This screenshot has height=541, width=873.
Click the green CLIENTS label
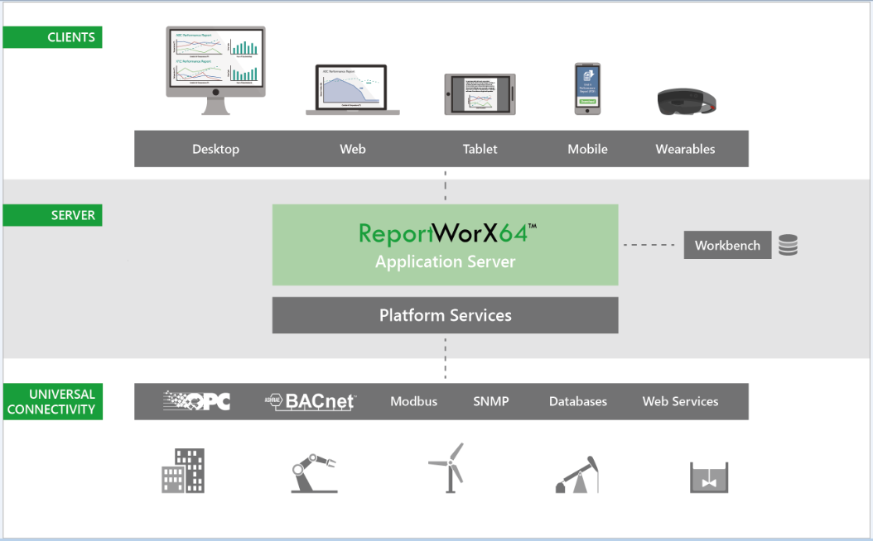pyautogui.click(x=53, y=37)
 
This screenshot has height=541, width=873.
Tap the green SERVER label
pyautogui.click(x=53, y=216)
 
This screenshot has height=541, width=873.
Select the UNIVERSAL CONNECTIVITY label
pyautogui.click(x=53, y=401)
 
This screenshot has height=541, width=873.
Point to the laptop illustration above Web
pyautogui.click(x=352, y=89)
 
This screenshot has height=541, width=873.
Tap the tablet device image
pyautogui.click(x=480, y=94)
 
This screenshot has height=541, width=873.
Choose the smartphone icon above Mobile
pyautogui.click(x=587, y=89)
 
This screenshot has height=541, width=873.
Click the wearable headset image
pyautogui.click(x=686, y=101)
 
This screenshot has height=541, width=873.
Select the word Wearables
pyautogui.click(x=685, y=150)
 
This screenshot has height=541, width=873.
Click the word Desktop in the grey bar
pyautogui.click(x=215, y=150)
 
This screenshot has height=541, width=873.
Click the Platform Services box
pyautogui.click(x=446, y=315)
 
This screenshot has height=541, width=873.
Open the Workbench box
pyautogui.click(x=727, y=246)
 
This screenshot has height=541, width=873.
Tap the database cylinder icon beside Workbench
pyautogui.click(x=788, y=246)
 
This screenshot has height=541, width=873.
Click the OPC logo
pyautogui.click(x=197, y=401)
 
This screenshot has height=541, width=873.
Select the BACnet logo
pyautogui.click(x=311, y=401)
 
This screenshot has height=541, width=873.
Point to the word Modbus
pyautogui.click(x=413, y=402)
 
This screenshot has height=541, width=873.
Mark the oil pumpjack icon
pyautogui.click(x=576, y=475)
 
